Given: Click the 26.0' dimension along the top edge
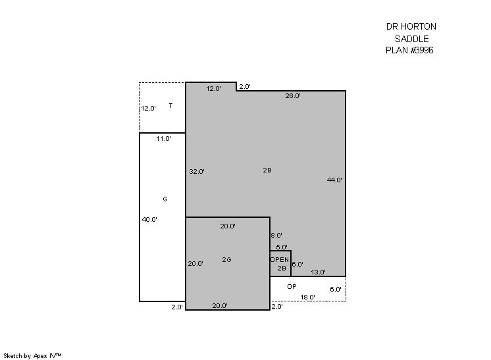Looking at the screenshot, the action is (x=293, y=96).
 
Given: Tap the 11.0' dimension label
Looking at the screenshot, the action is (x=163, y=138).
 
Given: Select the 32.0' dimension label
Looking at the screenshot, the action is (x=197, y=172).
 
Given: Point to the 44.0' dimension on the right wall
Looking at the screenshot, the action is (x=334, y=180).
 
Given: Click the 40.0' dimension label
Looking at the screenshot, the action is (x=149, y=219).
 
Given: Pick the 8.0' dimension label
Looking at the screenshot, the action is (x=276, y=235).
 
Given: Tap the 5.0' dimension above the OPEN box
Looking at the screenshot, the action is (x=282, y=247).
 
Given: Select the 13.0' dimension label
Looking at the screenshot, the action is (x=318, y=272).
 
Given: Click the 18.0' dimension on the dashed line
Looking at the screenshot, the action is (x=308, y=297).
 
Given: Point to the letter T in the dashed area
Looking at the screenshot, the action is (x=170, y=105).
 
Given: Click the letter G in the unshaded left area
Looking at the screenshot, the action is (x=165, y=199).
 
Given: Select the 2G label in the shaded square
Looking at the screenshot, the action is (x=226, y=259).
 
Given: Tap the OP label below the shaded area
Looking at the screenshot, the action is (x=292, y=286).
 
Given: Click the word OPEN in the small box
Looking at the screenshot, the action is (x=280, y=260).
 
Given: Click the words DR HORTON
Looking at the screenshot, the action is (x=411, y=26).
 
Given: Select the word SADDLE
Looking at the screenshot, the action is (x=412, y=39).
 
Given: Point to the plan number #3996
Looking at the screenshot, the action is (x=422, y=50).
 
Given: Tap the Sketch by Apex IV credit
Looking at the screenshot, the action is (x=32, y=356).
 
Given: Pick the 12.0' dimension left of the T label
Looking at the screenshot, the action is (x=149, y=109).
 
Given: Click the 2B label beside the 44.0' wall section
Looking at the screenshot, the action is (x=267, y=170).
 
